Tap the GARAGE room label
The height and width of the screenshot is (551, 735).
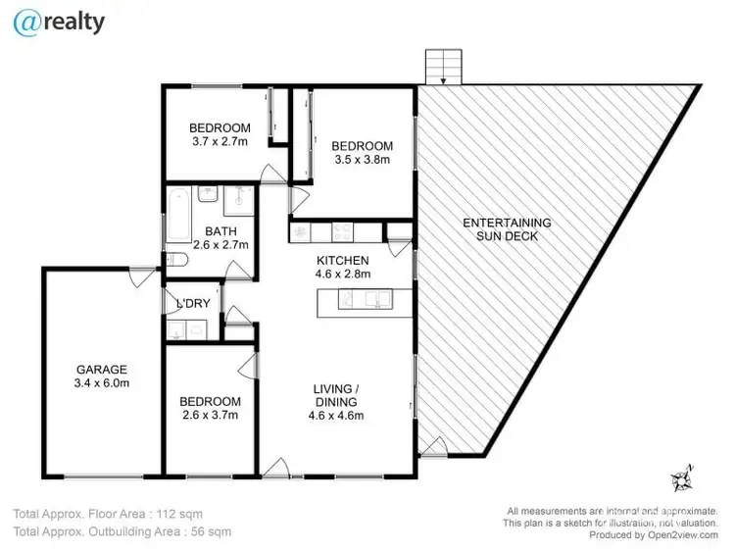[x=103, y=369]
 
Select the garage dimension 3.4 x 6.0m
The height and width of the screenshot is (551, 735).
[x=103, y=383]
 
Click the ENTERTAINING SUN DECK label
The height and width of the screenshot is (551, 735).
[x=507, y=229]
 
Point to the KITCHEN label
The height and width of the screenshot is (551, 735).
[x=343, y=260]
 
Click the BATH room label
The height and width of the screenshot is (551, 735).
[x=220, y=230]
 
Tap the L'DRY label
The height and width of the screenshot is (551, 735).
[x=193, y=304]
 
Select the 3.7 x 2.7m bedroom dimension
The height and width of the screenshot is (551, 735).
[x=220, y=142]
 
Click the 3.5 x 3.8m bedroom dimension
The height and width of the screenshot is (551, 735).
[x=363, y=160]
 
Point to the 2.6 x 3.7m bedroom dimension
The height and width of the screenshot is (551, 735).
[x=210, y=416]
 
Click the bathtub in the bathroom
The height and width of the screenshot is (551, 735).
[x=177, y=216]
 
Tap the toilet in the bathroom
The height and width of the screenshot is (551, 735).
[x=175, y=259]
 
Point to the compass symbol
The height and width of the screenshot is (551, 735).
[x=681, y=480]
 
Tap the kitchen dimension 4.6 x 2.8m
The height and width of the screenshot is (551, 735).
[x=343, y=275]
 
